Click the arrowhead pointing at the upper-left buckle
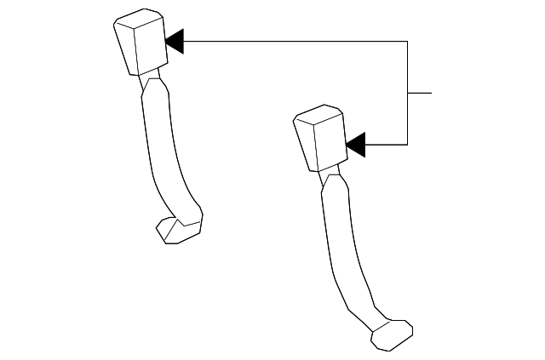point(175,41)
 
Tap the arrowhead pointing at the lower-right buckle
point(356,145)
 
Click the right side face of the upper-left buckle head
point(152,47)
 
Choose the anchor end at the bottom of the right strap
point(391,334)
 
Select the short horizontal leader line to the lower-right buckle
point(386,145)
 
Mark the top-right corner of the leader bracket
point(408,41)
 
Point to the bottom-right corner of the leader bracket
point(408,145)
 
